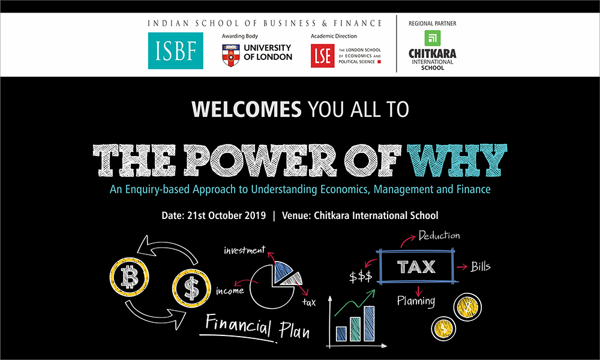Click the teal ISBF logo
click(x=176, y=50)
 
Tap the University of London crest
click(x=231, y=55)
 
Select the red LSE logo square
click(x=322, y=56)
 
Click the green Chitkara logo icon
click(x=433, y=38)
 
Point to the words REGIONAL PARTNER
click(x=433, y=23)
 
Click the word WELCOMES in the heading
click(x=247, y=109)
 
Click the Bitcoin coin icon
click(x=130, y=277)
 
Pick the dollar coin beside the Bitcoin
click(x=191, y=288)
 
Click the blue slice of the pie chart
click(x=283, y=271)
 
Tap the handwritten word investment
click(x=245, y=251)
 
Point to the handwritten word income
click(x=230, y=291)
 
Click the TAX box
click(x=416, y=266)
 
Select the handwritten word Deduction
click(x=439, y=235)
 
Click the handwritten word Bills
click(x=480, y=266)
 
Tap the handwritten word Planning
click(x=416, y=301)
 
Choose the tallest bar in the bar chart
click(x=369, y=323)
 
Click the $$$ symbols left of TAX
click(x=361, y=277)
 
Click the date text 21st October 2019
click(x=227, y=215)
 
